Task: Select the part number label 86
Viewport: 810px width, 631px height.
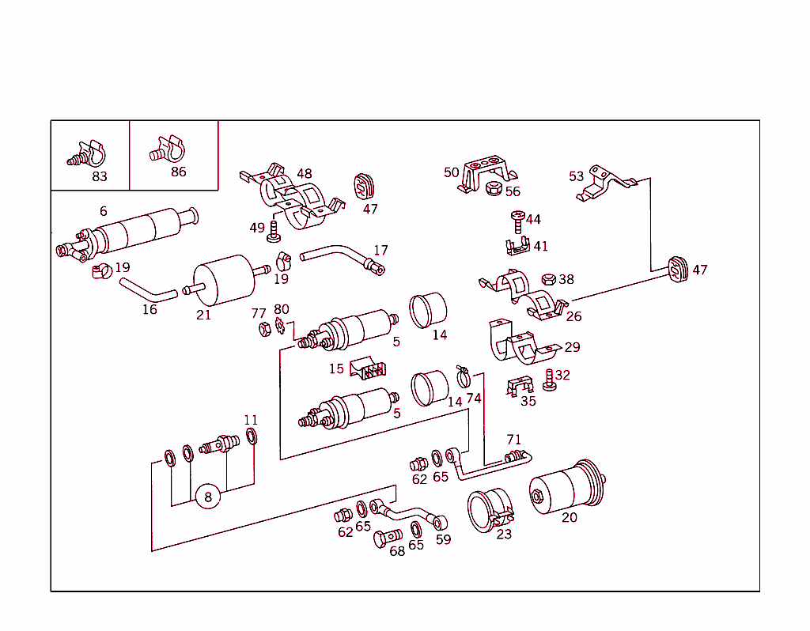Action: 179,172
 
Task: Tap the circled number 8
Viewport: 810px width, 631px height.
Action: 208,497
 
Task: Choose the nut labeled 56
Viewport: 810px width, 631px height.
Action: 493,189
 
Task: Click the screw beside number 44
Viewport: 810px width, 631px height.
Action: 518,220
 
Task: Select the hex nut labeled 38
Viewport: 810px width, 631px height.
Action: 547,279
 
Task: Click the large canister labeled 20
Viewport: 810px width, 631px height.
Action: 568,489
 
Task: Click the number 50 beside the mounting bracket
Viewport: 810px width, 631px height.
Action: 451,172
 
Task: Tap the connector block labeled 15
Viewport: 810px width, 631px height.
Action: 368,368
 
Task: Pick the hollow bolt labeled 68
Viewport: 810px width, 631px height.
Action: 385,540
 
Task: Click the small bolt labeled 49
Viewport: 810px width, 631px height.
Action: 274,231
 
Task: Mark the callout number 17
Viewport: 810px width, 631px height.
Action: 380,251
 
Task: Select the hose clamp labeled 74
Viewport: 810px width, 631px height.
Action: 465,371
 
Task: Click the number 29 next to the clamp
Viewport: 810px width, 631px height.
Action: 572,347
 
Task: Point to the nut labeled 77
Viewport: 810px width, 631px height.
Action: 262,330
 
